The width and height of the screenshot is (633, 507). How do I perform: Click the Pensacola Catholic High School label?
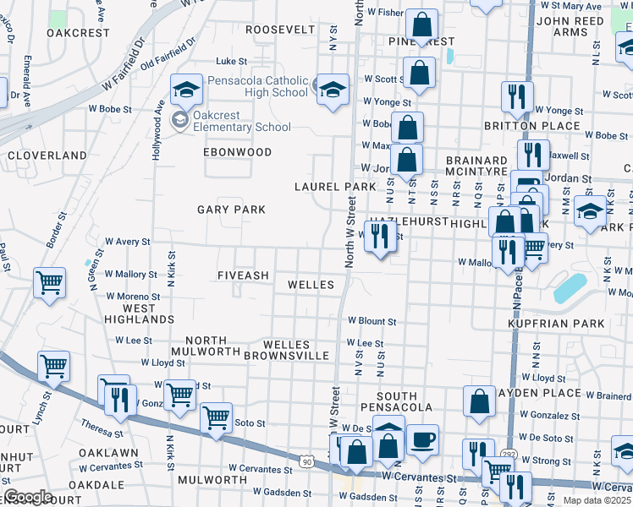click(x=251, y=86)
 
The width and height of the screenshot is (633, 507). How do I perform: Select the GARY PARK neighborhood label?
click(x=231, y=210)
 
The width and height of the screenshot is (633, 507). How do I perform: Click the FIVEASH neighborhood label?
click(x=243, y=275)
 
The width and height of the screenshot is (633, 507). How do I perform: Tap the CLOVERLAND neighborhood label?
click(x=47, y=155)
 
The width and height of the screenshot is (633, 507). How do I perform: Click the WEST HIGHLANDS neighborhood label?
click(x=139, y=314)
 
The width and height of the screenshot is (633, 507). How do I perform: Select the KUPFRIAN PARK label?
click(x=557, y=324)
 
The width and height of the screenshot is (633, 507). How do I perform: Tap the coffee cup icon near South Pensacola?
click(x=422, y=439)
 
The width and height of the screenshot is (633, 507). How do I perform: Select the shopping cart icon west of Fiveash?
click(x=49, y=282)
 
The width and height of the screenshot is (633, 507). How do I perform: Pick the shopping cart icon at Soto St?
click(x=216, y=417)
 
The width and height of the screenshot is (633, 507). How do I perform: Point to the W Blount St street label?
click(x=372, y=321)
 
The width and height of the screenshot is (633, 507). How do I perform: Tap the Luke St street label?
click(x=231, y=61)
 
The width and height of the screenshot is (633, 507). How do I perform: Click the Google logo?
click(x=28, y=497)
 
